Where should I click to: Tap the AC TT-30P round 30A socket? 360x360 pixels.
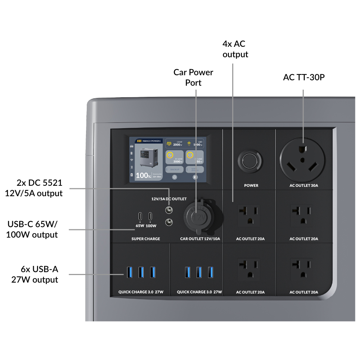(x=303, y=159)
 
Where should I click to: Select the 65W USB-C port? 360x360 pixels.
(x=140, y=217)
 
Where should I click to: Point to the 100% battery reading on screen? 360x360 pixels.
(x=143, y=176)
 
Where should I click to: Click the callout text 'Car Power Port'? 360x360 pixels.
(x=193, y=77)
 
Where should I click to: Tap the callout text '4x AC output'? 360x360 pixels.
(x=235, y=49)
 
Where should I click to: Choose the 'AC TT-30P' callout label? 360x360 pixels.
(x=304, y=77)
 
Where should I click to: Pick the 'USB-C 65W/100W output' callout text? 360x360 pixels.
(x=32, y=229)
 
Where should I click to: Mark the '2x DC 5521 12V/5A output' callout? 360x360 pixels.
(x=34, y=188)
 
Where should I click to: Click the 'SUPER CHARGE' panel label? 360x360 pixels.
(x=145, y=239)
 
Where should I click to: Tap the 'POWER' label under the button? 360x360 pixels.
(x=251, y=185)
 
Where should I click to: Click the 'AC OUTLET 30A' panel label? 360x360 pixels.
(x=304, y=185)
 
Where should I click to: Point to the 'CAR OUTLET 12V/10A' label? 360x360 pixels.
(x=200, y=239)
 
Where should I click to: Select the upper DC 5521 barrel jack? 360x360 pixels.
(x=168, y=210)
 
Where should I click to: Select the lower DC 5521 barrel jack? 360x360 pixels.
(x=168, y=222)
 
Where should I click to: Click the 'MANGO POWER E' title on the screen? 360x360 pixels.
(x=151, y=141)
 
